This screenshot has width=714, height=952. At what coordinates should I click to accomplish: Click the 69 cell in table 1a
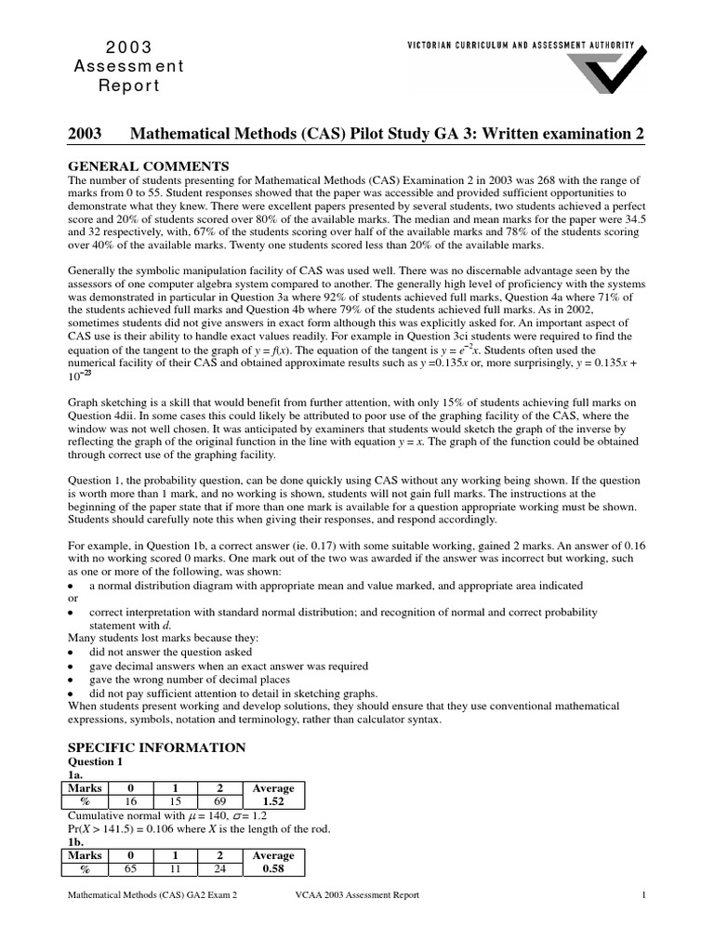[219, 801]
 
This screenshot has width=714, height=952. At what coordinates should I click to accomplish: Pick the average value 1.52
[273, 801]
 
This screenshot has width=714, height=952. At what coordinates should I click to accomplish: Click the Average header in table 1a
[273, 788]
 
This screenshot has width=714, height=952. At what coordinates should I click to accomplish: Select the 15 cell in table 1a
[176, 801]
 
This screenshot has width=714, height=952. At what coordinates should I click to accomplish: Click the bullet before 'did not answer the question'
[73, 654]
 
